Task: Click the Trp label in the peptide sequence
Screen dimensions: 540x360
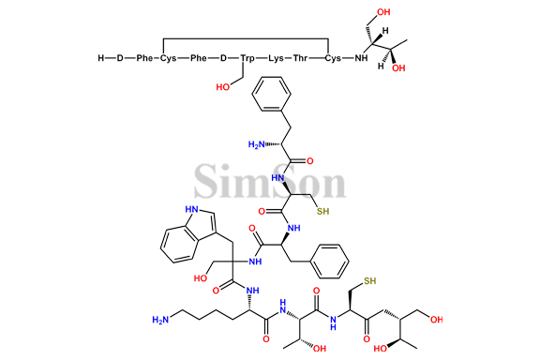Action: pyautogui.click(x=247, y=58)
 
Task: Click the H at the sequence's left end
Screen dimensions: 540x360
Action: pyautogui.click(x=101, y=58)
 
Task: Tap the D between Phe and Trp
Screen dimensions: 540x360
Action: pyautogui.click(x=223, y=58)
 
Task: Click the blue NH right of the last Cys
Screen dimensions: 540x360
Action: pyautogui.click(x=359, y=58)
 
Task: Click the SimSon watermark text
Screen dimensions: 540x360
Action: pyautogui.click(x=270, y=181)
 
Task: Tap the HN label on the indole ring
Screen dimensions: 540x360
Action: pyautogui.click(x=190, y=211)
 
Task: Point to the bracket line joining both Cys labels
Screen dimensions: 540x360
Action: pyautogui.click(x=246, y=39)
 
